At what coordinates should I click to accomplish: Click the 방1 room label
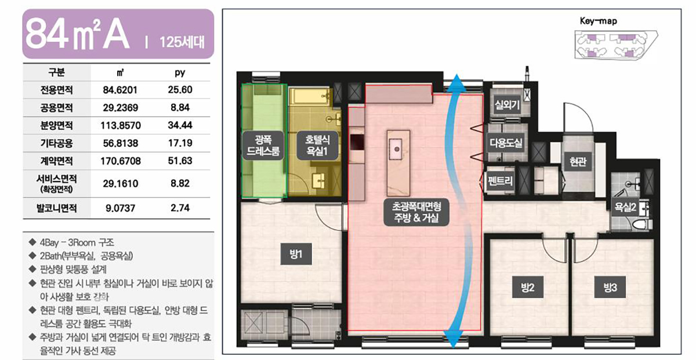(x=296, y=254)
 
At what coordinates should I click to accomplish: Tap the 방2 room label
(x=528, y=287)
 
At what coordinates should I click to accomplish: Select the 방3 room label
(x=610, y=287)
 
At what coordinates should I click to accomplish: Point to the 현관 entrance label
(x=578, y=161)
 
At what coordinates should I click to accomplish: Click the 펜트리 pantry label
(x=500, y=180)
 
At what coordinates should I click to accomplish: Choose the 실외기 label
(x=507, y=105)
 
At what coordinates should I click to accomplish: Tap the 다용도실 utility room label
(x=506, y=143)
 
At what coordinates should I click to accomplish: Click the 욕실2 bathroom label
(x=625, y=206)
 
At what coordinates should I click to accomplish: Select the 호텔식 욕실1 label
(x=317, y=145)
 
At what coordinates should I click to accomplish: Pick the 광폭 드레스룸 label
(x=263, y=145)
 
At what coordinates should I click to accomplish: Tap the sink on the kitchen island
(x=397, y=149)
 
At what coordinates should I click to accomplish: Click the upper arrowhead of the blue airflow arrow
(x=456, y=83)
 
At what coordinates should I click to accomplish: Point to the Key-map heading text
(x=599, y=21)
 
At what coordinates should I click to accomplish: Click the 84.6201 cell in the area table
(x=120, y=90)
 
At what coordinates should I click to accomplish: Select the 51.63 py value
(x=180, y=161)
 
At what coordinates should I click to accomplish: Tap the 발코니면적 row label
(x=57, y=208)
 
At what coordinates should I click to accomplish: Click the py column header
(x=180, y=73)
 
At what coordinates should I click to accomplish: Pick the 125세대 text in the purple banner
(x=182, y=42)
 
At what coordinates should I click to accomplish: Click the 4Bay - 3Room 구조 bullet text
(x=77, y=242)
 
